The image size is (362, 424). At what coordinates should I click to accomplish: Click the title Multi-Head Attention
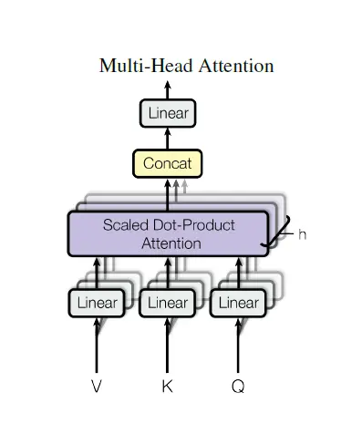(186, 66)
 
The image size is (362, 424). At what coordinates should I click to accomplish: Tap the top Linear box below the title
(168, 114)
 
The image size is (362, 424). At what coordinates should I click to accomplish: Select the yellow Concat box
(168, 164)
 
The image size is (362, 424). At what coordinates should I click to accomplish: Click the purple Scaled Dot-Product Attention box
(168, 233)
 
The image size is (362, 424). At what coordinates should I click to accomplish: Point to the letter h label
(303, 234)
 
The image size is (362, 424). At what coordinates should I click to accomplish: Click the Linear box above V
(97, 303)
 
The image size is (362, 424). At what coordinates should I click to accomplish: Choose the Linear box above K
(168, 303)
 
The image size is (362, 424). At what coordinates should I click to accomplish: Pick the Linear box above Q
(238, 303)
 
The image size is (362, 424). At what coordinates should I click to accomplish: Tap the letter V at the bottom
(97, 387)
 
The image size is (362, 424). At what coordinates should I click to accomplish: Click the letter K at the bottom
(168, 387)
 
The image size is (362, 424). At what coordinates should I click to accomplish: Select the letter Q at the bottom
(238, 387)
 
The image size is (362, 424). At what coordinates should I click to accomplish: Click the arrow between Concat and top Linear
(168, 139)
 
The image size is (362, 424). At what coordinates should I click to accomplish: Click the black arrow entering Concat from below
(168, 194)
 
